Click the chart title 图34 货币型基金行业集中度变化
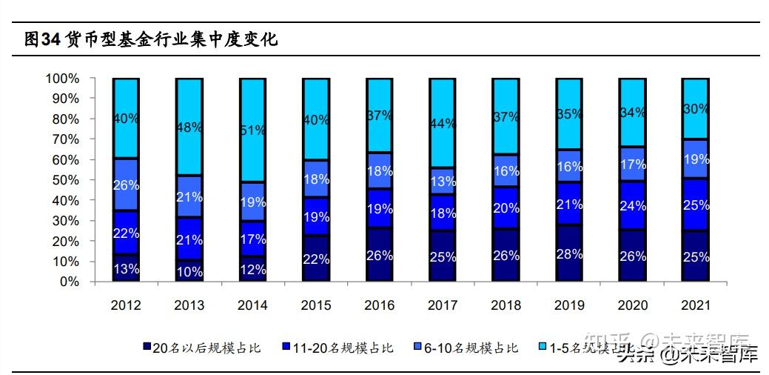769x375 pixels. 152,40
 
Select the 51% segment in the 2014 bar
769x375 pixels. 252,130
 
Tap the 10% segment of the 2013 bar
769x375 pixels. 189,271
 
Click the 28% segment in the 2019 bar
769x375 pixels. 568,253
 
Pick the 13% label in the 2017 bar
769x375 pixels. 442,182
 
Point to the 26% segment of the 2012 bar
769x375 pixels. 126,185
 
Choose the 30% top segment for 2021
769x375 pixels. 695,108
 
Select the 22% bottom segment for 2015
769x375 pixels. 315,259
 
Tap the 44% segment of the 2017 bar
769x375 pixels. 442,123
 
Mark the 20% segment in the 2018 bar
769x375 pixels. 506,208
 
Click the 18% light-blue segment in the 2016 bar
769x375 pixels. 379,170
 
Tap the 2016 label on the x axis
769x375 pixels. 379,305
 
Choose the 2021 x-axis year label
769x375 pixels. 695,305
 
